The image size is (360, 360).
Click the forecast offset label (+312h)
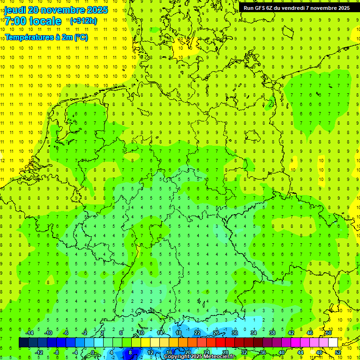coord(83,21)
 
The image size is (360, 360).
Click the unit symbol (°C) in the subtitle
coord(81,37)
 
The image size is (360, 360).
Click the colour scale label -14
coord(29,333)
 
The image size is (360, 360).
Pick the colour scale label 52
coord(338,352)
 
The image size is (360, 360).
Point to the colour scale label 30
coord(235,333)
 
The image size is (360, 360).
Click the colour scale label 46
coord(310,333)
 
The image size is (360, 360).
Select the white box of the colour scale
coord(333,343)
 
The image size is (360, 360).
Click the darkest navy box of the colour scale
coord(23,343)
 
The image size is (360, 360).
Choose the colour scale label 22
coord(197,333)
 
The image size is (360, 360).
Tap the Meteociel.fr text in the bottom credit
coord(219,357)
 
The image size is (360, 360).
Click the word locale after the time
coord(45,21)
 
